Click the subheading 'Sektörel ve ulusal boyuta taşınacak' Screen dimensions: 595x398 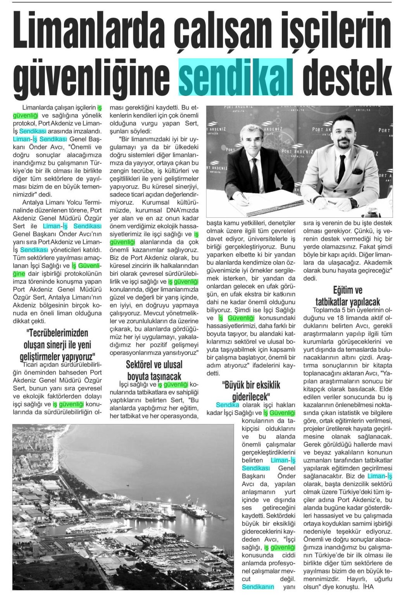click(154, 370)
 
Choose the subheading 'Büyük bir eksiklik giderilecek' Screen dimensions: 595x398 click(251, 390)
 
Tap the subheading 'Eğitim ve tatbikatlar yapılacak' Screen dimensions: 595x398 click(348, 296)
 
